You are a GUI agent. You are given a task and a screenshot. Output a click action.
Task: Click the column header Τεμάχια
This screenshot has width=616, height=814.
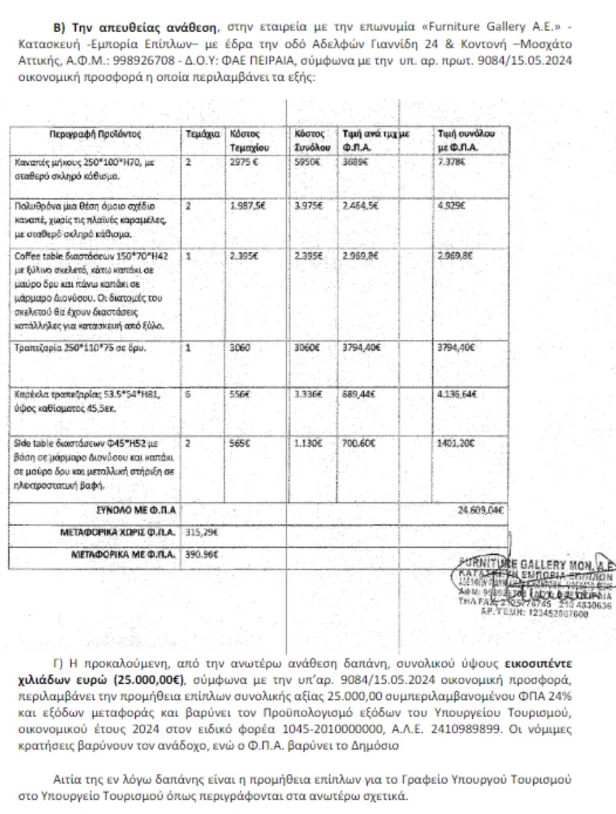tap(202, 134)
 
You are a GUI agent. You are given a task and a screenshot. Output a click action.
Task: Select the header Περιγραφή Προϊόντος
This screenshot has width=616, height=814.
tap(96, 134)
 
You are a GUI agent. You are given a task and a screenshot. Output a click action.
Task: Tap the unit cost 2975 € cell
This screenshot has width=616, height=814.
tap(244, 162)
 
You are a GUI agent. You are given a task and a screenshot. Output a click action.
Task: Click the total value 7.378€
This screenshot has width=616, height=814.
tap(451, 162)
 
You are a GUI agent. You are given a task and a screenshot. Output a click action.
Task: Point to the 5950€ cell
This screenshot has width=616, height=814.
tap(307, 162)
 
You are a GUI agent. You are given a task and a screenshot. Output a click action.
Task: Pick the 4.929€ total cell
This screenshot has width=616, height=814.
tap(452, 206)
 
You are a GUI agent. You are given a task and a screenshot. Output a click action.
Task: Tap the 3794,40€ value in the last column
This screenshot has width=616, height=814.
tap(456, 347)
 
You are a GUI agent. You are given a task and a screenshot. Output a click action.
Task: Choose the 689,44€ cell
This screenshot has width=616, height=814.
tap(358, 394)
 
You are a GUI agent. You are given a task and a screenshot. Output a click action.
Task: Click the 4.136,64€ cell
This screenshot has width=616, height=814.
tap(457, 394)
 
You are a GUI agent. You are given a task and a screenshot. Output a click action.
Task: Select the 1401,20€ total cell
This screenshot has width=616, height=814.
tap(456, 443)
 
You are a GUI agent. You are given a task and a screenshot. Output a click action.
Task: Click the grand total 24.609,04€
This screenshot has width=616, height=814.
tap(480, 510)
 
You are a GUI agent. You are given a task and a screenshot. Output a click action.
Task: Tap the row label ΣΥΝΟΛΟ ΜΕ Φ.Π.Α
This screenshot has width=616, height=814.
tap(136, 510)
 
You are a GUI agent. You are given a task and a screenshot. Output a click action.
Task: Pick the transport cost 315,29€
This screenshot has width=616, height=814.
tap(202, 532)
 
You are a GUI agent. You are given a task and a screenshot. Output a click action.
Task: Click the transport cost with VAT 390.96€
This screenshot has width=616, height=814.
tap(202, 554)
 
